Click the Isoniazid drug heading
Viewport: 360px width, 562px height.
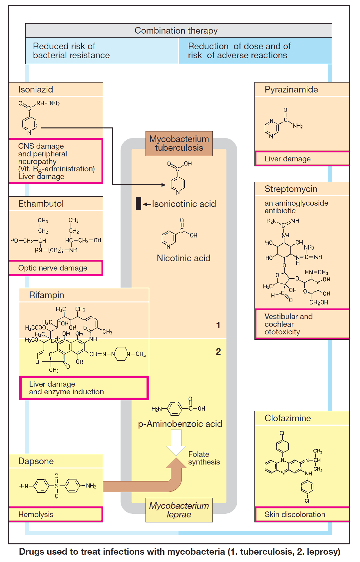coord(36,90)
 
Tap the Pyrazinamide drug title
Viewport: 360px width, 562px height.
coord(291,90)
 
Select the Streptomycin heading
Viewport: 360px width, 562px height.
coord(291,189)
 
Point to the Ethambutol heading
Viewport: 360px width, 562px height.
coord(41,204)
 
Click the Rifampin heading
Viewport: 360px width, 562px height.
coord(46,295)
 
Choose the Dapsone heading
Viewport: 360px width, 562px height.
coord(36,461)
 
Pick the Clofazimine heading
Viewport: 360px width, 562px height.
coord(287,418)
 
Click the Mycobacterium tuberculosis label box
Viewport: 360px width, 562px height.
coord(179,143)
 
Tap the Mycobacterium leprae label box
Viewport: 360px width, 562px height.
coord(179,510)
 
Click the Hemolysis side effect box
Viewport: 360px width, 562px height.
coord(56,514)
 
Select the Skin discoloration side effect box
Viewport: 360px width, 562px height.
coord(301,514)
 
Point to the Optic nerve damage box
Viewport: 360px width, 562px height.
coord(56,268)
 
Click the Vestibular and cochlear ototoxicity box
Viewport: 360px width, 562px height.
coord(301,324)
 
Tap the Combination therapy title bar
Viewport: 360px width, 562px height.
coord(179,31)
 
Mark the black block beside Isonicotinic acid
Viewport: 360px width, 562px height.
coord(139,204)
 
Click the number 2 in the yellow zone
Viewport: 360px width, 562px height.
coord(218,352)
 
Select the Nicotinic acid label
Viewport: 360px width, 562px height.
coord(183,258)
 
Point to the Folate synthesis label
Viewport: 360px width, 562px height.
coord(204,458)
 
